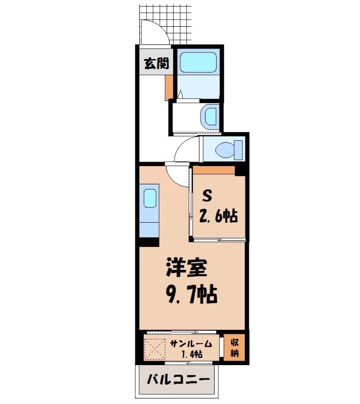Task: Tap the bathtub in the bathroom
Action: (x=198, y=62)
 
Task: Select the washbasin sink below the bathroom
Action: (x=209, y=117)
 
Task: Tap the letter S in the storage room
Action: (x=208, y=195)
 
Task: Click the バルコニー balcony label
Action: (x=177, y=379)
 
